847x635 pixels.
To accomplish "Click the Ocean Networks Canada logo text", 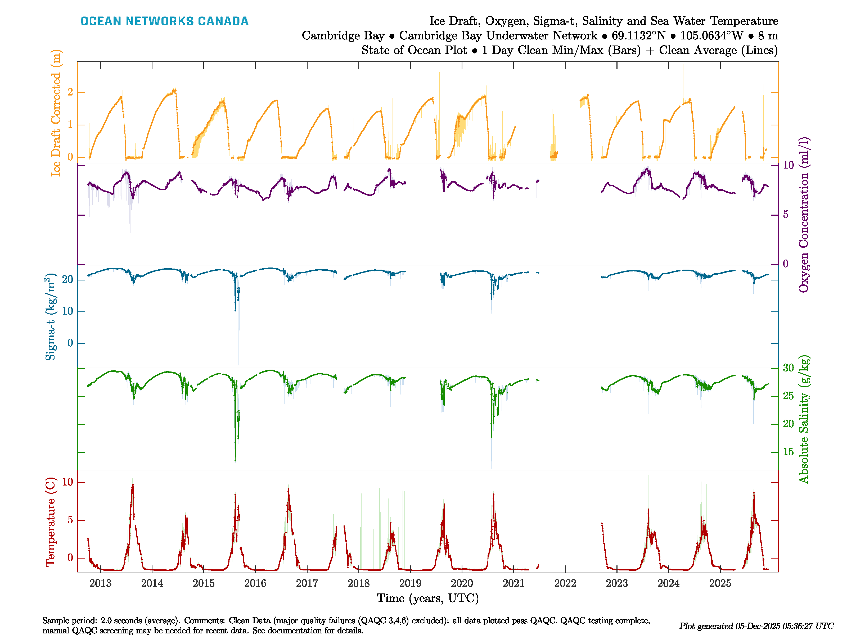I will click(164, 21).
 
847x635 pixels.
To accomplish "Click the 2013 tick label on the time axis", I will click(100, 583).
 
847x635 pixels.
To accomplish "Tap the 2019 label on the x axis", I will click(410, 583).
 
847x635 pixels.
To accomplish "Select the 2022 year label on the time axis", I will click(565, 583).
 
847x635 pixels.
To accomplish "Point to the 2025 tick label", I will click(720, 583).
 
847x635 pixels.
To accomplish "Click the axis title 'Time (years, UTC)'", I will click(428, 598).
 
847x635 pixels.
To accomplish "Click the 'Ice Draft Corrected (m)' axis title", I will click(56, 113).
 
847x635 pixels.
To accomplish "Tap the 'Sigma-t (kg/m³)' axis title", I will click(51, 317).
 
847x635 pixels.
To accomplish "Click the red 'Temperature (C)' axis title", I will click(51, 521).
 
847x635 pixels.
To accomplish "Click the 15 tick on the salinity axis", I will click(788, 452).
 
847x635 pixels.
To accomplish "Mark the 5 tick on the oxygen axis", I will click(785, 215).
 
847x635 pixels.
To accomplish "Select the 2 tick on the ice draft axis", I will click(70, 92).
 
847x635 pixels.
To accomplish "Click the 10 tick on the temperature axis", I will click(67, 482).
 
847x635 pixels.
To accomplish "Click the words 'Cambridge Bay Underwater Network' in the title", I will click(498, 36).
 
